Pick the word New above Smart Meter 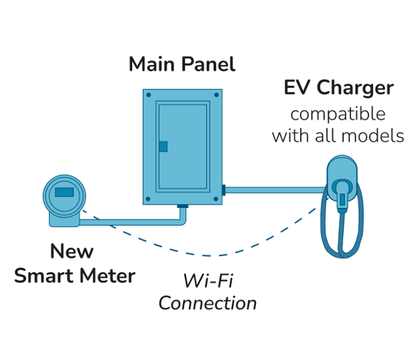[x=72, y=252]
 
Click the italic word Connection [x=207, y=302]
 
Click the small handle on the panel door [x=163, y=147]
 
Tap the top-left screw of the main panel [x=149, y=95]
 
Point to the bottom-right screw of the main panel [x=215, y=199]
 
